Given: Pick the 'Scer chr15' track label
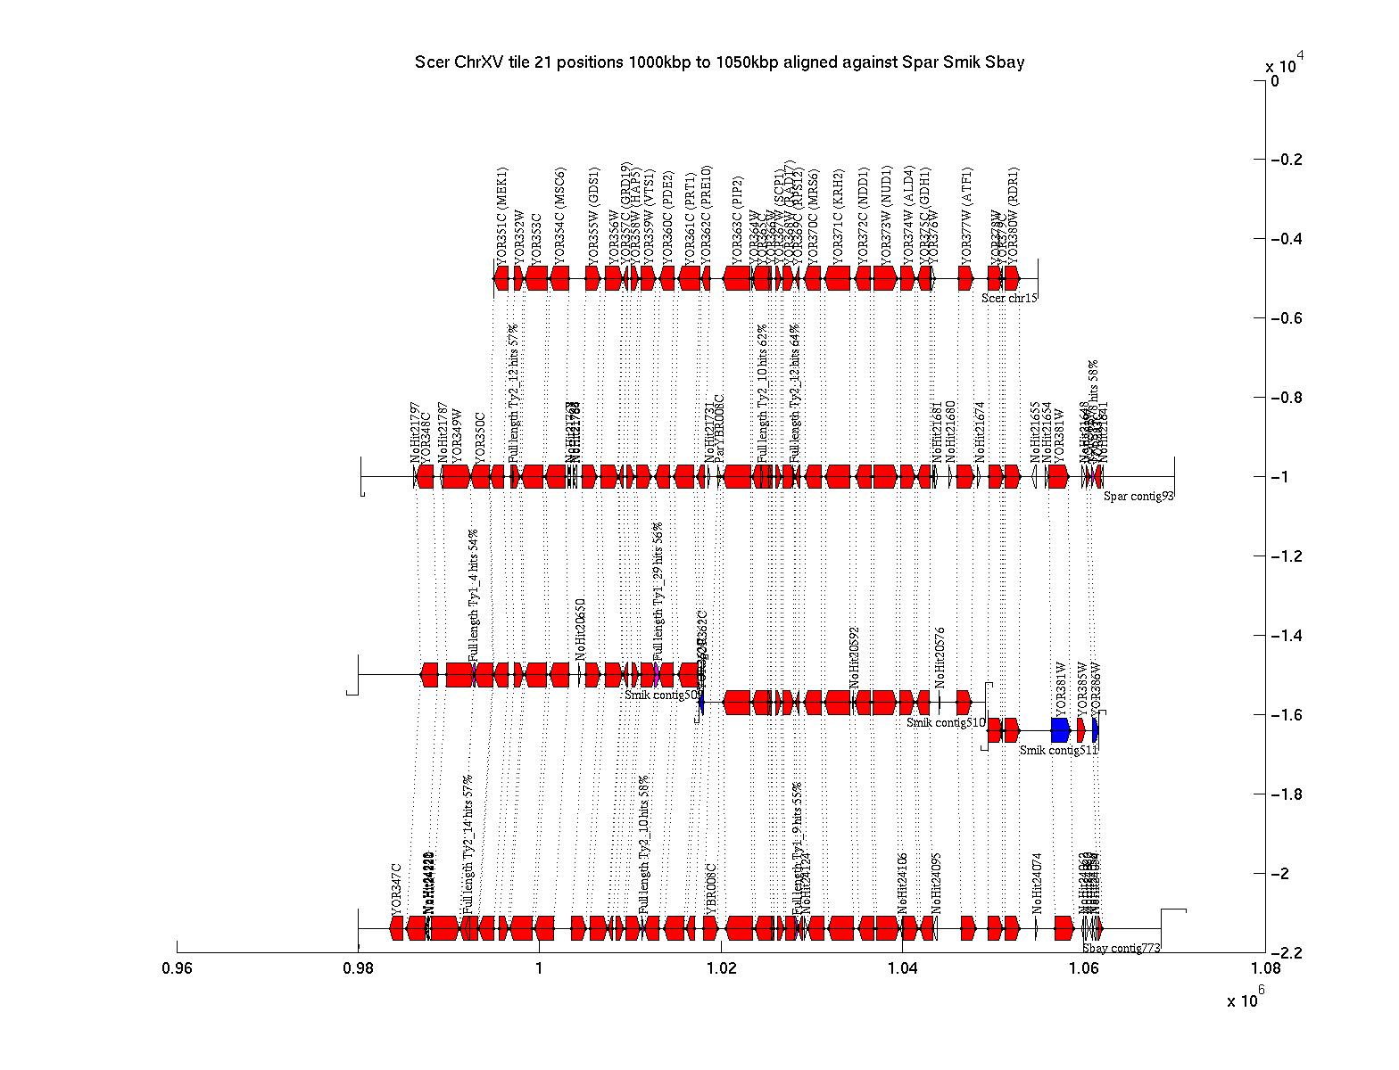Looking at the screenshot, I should point(1009,298).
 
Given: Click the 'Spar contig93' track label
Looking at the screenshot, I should point(1138,497).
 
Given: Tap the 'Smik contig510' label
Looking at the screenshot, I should point(946,723).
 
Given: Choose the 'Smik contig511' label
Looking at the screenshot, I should point(1058,751).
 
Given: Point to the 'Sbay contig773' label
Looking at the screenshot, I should point(1122,949).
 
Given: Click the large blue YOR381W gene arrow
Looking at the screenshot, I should point(1060,730).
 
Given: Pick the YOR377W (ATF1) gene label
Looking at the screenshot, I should point(968,214).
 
